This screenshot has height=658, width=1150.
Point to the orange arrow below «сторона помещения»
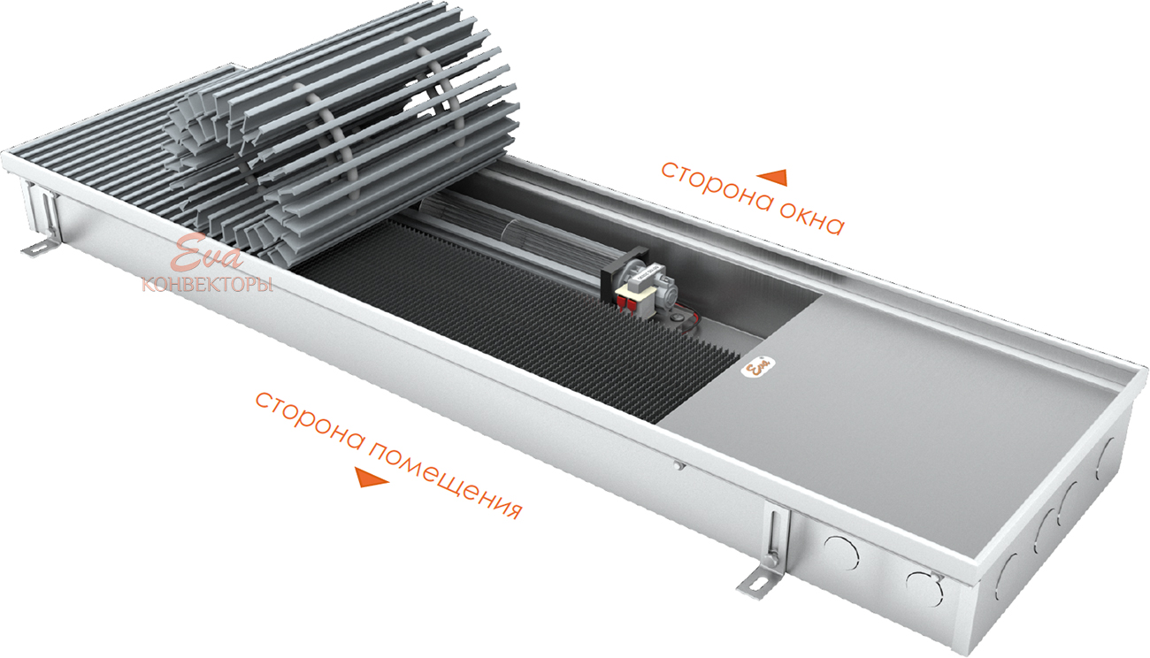click(372, 478)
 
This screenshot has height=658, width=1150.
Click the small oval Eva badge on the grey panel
click(759, 367)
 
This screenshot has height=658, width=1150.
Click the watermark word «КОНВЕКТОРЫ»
click(207, 285)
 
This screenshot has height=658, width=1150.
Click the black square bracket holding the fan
click(625, 272)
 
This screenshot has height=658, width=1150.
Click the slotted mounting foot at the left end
click(41, 247)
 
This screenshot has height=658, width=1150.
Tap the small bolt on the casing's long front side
click(678, 465)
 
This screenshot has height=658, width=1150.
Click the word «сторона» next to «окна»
click(715, 189)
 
